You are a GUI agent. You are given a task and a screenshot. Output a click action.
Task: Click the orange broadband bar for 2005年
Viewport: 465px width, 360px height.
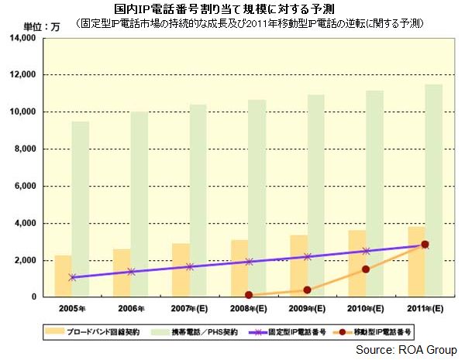pos(63,276)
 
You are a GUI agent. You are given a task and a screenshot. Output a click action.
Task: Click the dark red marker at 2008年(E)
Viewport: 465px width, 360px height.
pos(249,295)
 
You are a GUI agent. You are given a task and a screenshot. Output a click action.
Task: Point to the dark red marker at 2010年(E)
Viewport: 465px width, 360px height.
pos(366,269)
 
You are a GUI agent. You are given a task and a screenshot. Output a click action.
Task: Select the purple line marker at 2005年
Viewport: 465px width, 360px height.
pos(72,277)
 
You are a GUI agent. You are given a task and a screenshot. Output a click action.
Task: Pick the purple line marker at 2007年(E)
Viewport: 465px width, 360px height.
pos(190,266)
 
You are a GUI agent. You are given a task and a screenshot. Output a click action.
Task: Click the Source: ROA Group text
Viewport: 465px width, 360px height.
pos(407,349)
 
